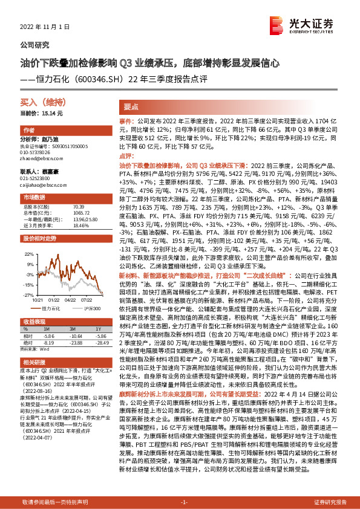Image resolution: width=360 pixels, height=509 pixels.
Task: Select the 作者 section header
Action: coord(29,131)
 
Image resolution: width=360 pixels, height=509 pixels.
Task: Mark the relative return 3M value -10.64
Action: coord(76,337)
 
